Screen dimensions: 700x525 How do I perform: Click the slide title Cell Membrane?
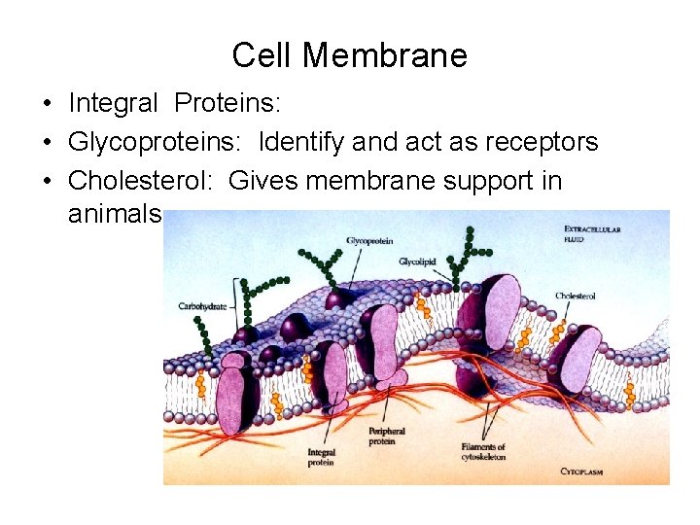349,55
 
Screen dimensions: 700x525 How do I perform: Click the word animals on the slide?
114,213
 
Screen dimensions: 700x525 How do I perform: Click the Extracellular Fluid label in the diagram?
593,233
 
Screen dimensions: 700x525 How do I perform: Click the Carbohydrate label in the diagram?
202,305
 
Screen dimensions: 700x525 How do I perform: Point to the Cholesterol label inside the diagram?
576,296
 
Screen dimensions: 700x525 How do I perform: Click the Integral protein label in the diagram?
321,457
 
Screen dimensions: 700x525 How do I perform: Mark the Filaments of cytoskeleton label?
483,453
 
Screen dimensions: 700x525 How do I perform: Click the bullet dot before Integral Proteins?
47,103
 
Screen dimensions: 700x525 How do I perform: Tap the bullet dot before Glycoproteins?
47,143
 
